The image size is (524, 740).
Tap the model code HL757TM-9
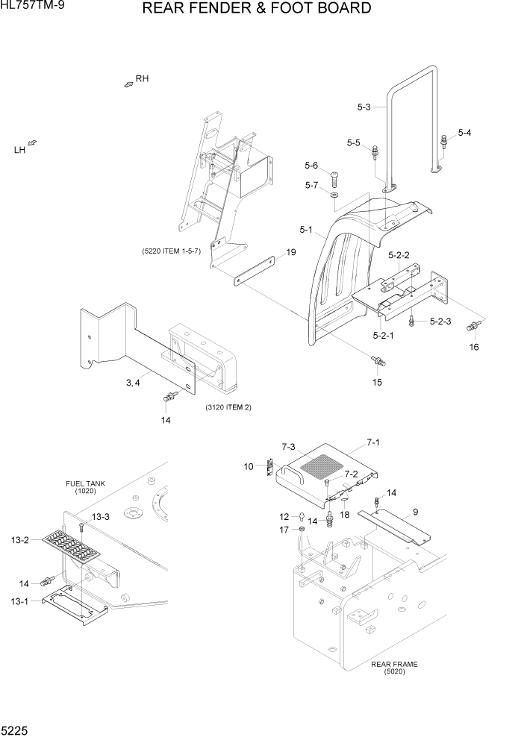coord(33,8)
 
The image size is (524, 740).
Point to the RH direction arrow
coord(128,86)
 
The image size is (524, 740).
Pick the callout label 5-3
coord(364,107)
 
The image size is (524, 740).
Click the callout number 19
coord(291,252)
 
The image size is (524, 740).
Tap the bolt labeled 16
coord(472,326)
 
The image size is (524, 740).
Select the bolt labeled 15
coord(378,362)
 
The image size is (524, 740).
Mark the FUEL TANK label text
coord(85,484)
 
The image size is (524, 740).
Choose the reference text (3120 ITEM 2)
coord(228,407)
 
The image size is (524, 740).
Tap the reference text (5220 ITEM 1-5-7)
coord(172,251)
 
